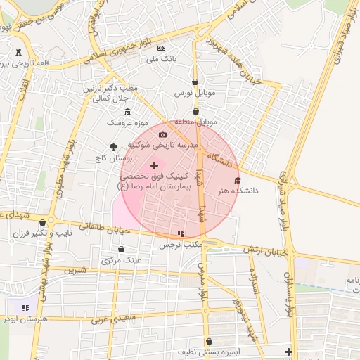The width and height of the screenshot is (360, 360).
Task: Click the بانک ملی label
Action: pyautogui.click(x=162, y=60)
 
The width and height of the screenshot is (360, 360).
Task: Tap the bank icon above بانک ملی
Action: pyautogui.click(x=162, y=48)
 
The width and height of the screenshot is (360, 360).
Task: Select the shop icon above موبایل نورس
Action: pyautogui.click(x=195, y=82)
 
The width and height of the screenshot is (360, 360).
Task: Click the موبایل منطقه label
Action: pyautogui.click(x=194, y=122)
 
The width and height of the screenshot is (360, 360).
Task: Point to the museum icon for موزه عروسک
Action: pyautogui.click(x=127, y=112)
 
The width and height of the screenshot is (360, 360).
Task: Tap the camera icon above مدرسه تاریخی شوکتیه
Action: pyautogui.click(x=162, y=134)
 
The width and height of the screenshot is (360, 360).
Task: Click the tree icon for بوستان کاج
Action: pyautogui.click(x=113, y=147)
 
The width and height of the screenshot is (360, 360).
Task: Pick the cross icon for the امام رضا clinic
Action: pyautogui.click(x=154, y=165)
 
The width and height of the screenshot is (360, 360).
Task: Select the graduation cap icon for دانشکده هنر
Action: pyautogui.click(x=237, y=180)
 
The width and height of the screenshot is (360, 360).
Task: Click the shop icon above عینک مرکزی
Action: pyautogui.click(x=121, y=249)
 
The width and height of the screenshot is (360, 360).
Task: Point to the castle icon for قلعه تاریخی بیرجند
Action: pyautogui.click(x=18, y=52)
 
